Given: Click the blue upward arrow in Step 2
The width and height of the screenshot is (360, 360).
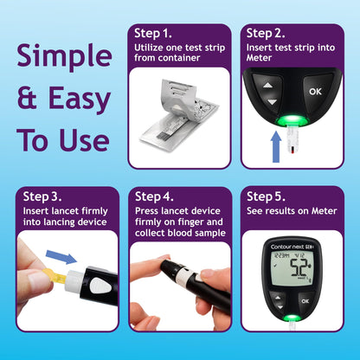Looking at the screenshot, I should pyautogui.click(x=276, y=146).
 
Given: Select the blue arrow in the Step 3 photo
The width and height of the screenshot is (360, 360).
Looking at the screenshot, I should pyautogui.click(x=59, y=257).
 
